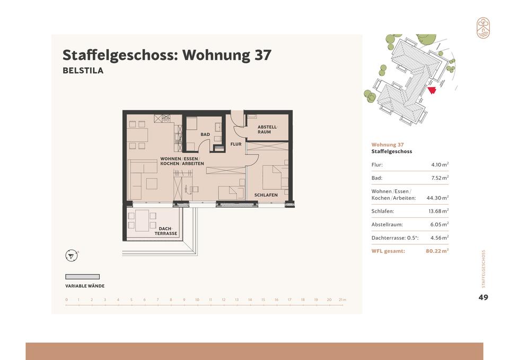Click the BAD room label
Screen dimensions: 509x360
pyautogui.click(x=205, y=134)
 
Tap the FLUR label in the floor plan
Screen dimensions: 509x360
pyautogui.click(x=236, y=144)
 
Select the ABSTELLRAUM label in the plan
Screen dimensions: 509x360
pyautogui.click(x=267, y=129)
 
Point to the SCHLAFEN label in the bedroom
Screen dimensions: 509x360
pyautogui.click(x=266, y=195)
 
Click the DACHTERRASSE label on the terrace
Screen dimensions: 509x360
pyautogui.click(x=166, y=231)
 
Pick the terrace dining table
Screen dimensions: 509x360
pyautogui.click(x=142, y=221)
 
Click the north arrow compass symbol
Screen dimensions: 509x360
pyautogui.click(x=72, y=256)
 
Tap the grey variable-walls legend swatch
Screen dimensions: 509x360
pyautogui.click(x=83, y=277)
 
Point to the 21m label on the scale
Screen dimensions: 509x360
pyautogui.click(x=343, y=300)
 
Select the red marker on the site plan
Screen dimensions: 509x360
pyautogui.click(x=432, y=90)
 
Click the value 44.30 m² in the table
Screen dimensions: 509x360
pyautogui.click(x=437, y=198)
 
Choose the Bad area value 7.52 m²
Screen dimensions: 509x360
pyautogui.click(x=440, y=178)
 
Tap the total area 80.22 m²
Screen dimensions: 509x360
pyautogui.click(x=437, y=251)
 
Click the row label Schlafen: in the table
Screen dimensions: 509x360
pyautogui.click(x=383, y=212)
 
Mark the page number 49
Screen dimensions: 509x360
pyautogui.click(x=483, y=297)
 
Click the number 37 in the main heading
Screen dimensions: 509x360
pyautogui.click(x=262, y=55)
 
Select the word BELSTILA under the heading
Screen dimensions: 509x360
pyautogui.click(x=83, y=71)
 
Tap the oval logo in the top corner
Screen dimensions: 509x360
pyautogui.click(x=483, y=28)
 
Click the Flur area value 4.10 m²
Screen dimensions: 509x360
pyautogui.click(x=440, y=164)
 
